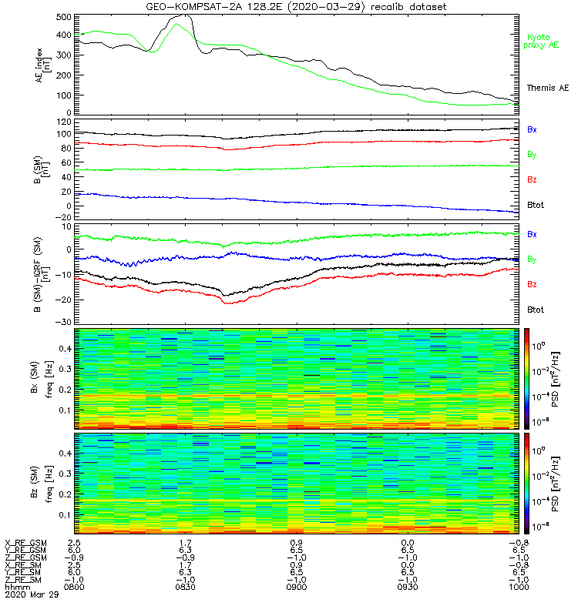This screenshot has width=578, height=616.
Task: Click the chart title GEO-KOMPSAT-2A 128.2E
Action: (214, 7)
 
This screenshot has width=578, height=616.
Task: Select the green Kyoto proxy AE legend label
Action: (541, 41)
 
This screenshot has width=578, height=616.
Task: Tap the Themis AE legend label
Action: (548, 88)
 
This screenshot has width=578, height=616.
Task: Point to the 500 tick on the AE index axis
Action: (64, 17)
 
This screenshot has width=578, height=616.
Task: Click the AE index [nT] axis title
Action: (43, 65)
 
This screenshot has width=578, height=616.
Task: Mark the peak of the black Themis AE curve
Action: (185, 15)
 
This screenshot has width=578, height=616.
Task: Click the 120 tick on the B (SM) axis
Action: (64, 122)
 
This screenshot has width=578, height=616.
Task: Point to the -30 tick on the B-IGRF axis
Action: (64, 322)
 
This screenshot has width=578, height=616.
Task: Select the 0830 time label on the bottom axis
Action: (185, 587)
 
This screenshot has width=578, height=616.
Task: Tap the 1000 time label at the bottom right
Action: (519, 587)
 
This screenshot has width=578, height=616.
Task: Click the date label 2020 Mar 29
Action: (32, 594)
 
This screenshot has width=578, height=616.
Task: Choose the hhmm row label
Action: (17, 587)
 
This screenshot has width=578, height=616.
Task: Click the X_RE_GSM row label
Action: (25, 543)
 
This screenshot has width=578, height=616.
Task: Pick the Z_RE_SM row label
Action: (23, 580)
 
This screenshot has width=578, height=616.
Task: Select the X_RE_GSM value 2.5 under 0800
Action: (74, 543)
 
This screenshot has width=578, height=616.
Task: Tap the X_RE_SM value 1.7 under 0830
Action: (185, 565)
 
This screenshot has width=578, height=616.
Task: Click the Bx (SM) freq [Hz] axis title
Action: (42, 379)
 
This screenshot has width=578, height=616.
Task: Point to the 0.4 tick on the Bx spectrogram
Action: (65, 349)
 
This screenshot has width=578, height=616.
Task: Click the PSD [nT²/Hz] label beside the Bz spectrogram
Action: (555, 484)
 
